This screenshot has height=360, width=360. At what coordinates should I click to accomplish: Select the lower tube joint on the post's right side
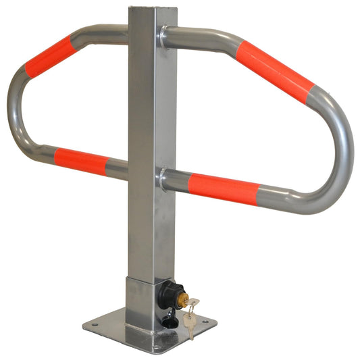[163, 178]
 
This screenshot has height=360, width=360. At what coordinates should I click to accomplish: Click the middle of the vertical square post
[145, 149]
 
